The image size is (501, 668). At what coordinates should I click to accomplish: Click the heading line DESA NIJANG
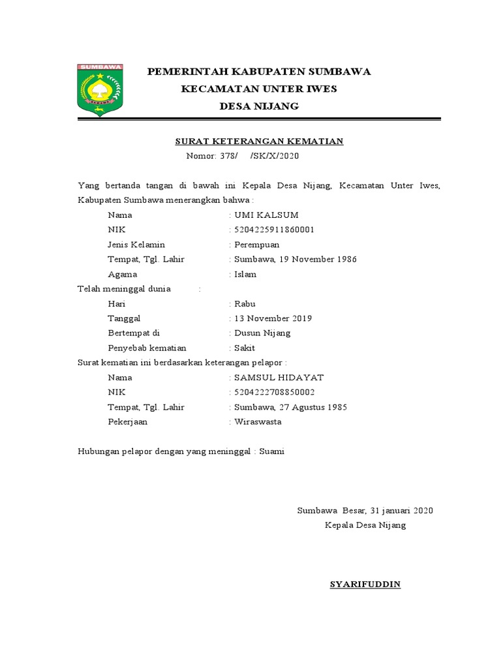[x=259, y=106]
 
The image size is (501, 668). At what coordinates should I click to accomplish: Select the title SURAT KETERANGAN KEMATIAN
[x=259, y=141]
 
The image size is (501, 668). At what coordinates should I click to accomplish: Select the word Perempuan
[x=256, y=245]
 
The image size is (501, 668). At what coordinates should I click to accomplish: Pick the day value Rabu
[x=245, y=303]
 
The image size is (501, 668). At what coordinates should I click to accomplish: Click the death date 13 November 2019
[x=273, y=318]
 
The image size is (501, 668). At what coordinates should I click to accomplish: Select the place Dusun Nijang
[x=262, y=333]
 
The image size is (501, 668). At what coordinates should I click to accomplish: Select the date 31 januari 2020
[x=401, y=510]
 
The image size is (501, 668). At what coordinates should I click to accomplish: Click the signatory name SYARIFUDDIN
[x=365, y=584]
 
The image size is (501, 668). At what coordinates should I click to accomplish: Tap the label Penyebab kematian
[x=147, y=348]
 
